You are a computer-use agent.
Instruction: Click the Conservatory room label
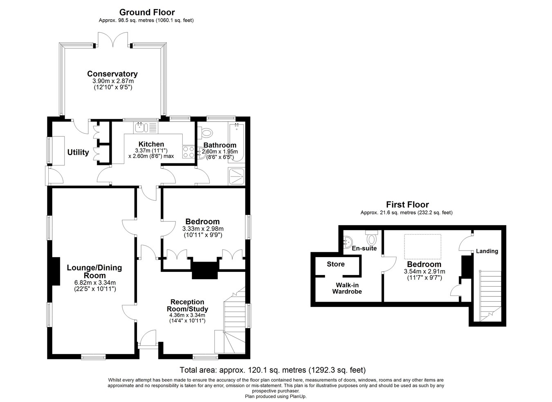click(112, 74)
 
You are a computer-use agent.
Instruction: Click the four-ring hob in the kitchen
click(188, 152)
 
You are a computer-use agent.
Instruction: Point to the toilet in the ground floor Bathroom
click(207, 133)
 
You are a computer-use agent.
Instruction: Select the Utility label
click(78, 152)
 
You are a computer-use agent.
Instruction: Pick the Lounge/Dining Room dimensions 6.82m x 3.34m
click(95, 282)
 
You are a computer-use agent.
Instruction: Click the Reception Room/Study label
click(187, 305)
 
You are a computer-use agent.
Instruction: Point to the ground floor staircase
click(234, 323)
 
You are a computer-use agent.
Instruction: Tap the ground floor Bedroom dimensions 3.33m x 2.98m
click(203, 229)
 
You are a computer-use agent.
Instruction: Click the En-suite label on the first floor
click(364, 248)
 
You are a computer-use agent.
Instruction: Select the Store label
click(336, 264)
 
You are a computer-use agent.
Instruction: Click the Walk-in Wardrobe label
click(347, 288)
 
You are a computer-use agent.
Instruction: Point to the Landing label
click(487, 251)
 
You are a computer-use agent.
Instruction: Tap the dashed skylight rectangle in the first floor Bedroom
click(423, 246)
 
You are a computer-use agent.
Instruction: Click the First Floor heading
click(407, 204)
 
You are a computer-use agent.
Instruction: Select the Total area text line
click(273, 370)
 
